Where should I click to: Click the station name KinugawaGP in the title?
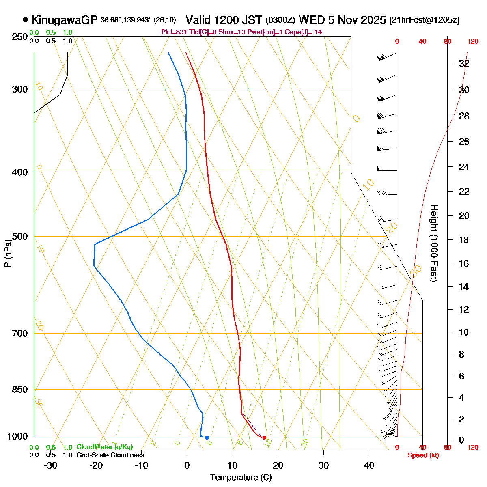point(65,20)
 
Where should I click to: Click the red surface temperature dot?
point(264,437)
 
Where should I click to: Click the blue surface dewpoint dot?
point(207,437)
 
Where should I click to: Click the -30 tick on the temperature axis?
point(50,465)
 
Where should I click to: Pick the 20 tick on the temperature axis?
point(278,465)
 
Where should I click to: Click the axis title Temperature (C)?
point(241,477)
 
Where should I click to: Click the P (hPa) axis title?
point(8,252)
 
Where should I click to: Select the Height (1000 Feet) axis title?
point(434,243)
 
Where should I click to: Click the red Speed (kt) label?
point(423,455)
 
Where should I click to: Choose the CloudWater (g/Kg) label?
point(104,447)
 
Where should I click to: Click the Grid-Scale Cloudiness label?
point(110,455)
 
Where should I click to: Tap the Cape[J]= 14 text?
point(304,32)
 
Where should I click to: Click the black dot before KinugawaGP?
point(26,19)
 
